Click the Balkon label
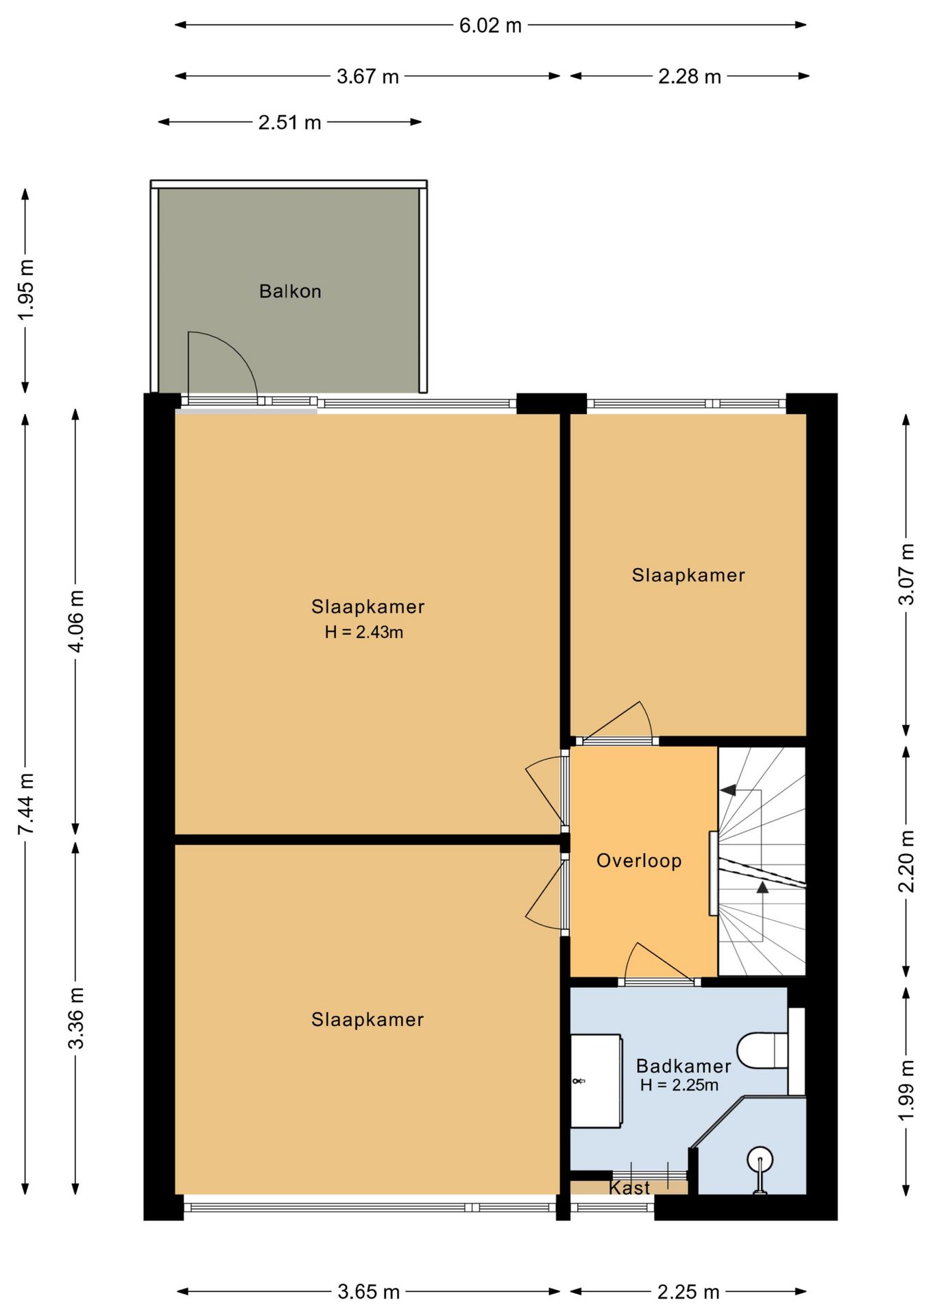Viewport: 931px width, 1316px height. [290, 291]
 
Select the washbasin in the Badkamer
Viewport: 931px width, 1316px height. [596, 1080]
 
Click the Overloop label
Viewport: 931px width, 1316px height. [639, 861]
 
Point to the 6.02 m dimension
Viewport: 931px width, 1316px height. [490, 25]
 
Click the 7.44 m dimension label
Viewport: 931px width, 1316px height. [25, 803]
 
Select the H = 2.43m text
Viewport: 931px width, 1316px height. [364, 632]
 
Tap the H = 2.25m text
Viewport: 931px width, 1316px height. [679, 1084]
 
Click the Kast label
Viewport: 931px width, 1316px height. [629, 1187]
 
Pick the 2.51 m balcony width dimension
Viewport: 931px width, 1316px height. [289, 122]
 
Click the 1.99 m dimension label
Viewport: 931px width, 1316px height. [906, 1090]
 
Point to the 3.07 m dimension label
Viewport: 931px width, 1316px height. [906, 574]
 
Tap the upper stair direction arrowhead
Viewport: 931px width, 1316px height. [727, 790]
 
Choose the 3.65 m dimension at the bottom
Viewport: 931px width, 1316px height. [368, 1292]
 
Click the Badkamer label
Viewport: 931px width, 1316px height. [684, 1066]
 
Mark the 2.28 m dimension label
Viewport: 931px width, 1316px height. [690, 77]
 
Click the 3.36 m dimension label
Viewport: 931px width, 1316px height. [75, 1018]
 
